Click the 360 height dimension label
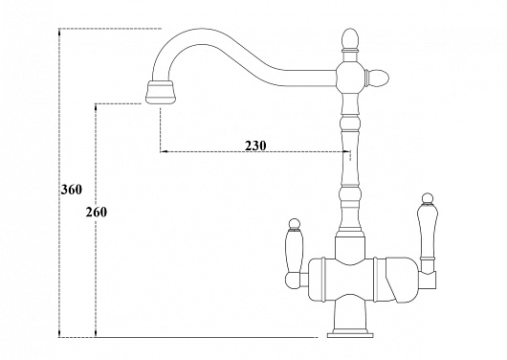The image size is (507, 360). pyautogui.click(x=72, y=190)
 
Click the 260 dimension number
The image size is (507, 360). pyautogui.click(x=96, y=213)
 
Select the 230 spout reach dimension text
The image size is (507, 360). pyautogui.click(x=255, y=146)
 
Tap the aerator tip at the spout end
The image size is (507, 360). pyautogui.click(x=162, y=93)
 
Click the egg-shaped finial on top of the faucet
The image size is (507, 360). pyautogui.click(x=350, y=39)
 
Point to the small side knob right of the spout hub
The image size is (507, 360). pyautogui.click(x=378, y=78)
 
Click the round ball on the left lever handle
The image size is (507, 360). pyautogui.click(x=295, y=224)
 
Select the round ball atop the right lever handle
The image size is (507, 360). pyautogui.click(x=428, y=198)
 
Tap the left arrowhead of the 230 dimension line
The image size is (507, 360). pyautogui.click(x=164, y=151)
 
